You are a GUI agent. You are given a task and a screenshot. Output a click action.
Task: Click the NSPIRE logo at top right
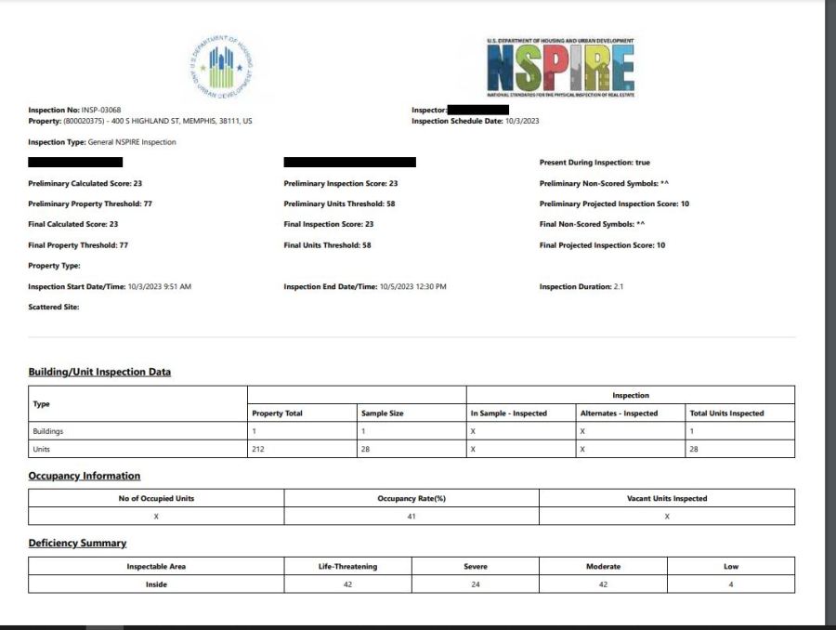[560, 68]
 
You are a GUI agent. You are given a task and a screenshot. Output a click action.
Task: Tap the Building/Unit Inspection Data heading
[99, 372]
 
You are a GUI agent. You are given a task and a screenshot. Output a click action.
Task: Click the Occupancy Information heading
[84, 476]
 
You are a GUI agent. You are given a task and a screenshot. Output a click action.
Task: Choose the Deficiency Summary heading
[77, 543]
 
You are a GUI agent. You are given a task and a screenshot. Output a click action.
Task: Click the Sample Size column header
[382, 413]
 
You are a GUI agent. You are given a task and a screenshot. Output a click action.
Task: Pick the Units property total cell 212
[258, 449]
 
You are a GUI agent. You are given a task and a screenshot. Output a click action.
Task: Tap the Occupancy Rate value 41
[411, 516]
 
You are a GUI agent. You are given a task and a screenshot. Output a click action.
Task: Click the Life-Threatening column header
[346, 566]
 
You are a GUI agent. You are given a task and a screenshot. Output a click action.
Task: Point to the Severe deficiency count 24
[475, 584]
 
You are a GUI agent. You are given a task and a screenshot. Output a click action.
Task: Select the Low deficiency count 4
[730, 584]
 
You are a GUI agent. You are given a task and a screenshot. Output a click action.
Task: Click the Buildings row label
[47, 431]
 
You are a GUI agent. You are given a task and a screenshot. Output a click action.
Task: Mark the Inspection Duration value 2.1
[618, 286]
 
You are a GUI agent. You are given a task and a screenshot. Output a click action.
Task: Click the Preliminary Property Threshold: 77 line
[90, 203]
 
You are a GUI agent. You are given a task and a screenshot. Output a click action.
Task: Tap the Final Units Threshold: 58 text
[327, 245]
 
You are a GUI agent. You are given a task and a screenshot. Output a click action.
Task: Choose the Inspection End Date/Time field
[365, 286]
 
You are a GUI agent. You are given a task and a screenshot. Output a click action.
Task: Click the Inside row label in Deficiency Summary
[156, 584]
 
